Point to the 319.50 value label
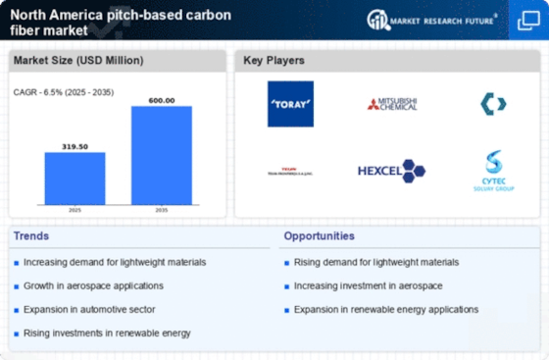pos(75,145)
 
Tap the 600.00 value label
pos(161,99)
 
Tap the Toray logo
pos(290,103)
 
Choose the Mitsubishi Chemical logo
pos(391,103)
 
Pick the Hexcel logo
pos(391,170)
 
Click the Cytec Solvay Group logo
pos(492,169)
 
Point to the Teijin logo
pos(290,171)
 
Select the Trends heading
pos(32,236)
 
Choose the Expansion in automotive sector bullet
pos(82,309)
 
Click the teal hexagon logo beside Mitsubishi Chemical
pos(492,103)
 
